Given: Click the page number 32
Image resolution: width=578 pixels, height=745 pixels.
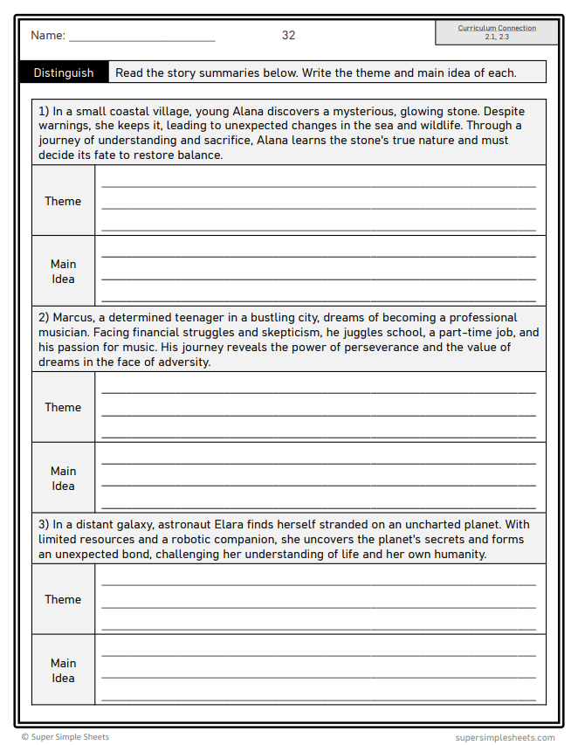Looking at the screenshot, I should coord(288,36).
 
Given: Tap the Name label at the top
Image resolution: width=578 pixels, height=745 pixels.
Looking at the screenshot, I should coord(47,36).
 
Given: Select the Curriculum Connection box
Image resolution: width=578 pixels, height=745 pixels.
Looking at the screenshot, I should coord(497,32).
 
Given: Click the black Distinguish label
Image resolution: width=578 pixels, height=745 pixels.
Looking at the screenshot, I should coord(64,72).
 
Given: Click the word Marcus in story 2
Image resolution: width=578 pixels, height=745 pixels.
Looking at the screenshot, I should coord(72,318).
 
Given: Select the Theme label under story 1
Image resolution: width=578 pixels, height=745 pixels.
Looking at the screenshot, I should coord(63,201).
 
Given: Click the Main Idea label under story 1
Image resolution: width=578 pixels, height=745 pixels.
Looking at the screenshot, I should coord(63,272).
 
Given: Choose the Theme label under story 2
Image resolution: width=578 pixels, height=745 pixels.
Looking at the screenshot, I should coord(63,407).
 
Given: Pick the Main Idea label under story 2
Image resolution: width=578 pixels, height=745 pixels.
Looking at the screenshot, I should coord(63,479).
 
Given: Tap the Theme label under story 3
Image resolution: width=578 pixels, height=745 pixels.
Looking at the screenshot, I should coord(63,599).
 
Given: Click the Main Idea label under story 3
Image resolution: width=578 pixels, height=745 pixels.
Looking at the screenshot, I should coord(63,671).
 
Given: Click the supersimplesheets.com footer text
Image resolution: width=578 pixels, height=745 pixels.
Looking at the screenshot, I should coord(505,737).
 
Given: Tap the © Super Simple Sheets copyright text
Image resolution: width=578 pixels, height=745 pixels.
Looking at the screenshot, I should coord(65,737).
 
